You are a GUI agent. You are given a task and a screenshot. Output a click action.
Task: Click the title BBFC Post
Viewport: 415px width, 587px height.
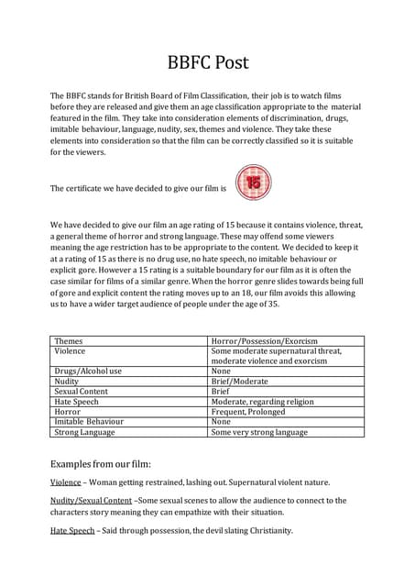click(x=207, y=63)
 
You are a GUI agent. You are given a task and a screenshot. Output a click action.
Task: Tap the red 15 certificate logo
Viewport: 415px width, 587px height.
click(x=254, y=183)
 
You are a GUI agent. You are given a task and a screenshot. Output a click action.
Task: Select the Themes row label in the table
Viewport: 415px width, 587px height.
click(x=69, y=341)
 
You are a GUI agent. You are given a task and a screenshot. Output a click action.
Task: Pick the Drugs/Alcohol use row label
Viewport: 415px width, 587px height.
click(x=88, y=371)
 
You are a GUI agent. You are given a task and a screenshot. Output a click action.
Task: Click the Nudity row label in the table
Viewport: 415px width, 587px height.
click(x=67, y=381)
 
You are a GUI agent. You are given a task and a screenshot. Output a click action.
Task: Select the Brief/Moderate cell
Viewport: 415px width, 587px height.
click(x=242, y=381)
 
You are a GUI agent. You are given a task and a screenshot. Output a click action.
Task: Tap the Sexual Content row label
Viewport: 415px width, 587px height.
click(x=82, y=391)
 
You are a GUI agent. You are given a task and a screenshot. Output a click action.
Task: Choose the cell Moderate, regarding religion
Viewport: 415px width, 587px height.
click(x=262, y=401)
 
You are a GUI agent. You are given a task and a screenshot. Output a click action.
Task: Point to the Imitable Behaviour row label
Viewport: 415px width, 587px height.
click(x=89, y=422)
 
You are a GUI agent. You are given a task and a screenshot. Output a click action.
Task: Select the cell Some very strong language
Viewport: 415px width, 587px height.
click(x=259, y=432)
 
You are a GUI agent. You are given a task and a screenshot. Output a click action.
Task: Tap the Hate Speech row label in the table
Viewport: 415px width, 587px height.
click(x=78, y=401)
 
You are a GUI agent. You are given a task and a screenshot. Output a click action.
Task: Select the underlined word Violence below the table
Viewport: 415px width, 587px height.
click(x=65, y=482)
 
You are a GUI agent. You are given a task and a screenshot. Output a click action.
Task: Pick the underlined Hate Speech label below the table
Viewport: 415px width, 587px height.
click(x=72, y=531)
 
